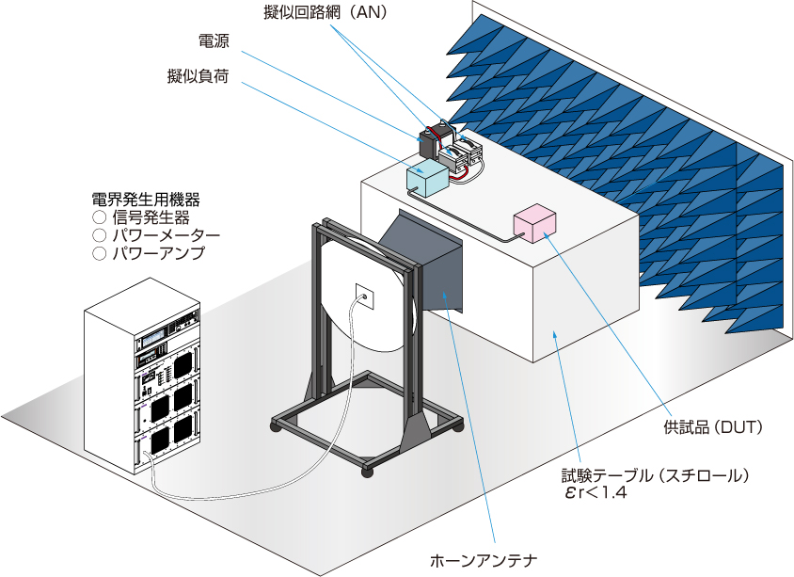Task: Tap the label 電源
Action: tap(214, 42)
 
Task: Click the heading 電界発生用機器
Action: tap(145, 200)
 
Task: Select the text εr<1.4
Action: tap(593, 493)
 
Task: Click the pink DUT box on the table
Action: tap(534, 222)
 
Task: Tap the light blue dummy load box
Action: tap(429, 176)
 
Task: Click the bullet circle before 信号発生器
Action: tap(98, 217)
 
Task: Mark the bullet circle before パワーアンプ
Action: tap(98, 253)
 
